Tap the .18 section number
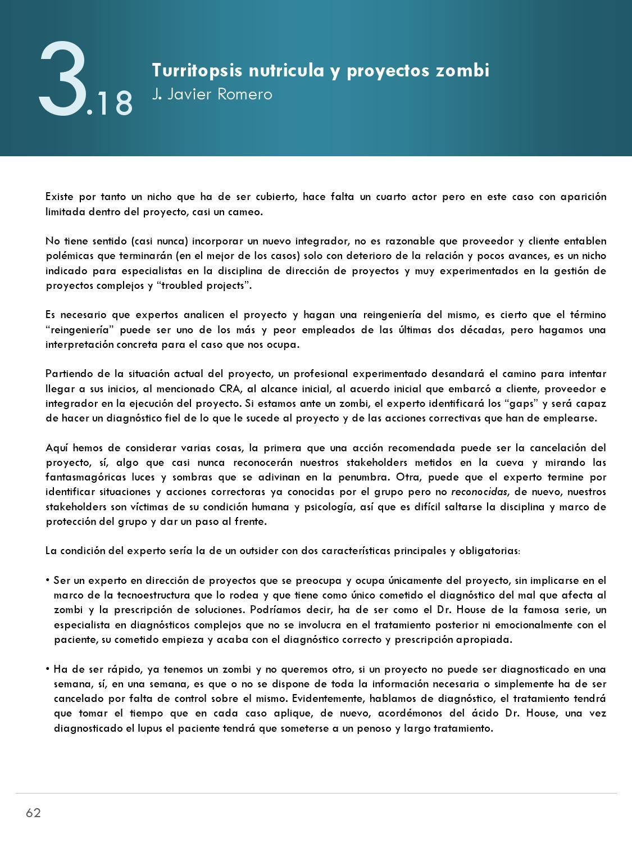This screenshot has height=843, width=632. pos(110,104)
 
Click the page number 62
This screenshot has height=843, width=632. pos(33,813)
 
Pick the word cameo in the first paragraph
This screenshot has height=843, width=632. pos(247,212)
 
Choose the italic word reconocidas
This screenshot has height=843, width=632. pos(479,492)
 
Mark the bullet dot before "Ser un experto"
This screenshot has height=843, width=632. pos(48,580)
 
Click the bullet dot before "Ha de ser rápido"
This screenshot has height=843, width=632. pos(48,669)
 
